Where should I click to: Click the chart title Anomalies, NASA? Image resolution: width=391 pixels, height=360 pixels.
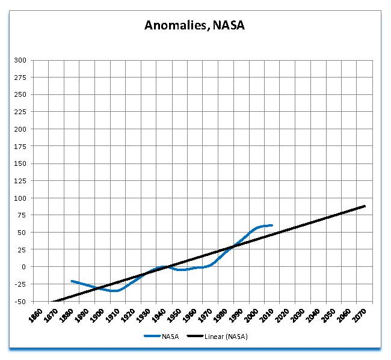(194, 25)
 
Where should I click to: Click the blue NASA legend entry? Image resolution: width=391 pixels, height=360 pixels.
(162, 337)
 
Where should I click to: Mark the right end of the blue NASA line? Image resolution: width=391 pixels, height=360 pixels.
(272, 225)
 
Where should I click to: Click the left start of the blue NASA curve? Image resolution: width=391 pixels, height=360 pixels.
(72, 281)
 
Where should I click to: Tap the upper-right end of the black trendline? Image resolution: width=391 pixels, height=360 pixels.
(365, 206)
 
